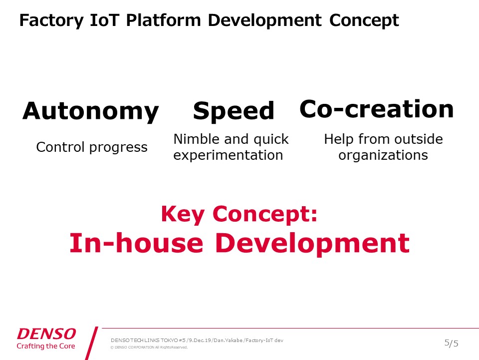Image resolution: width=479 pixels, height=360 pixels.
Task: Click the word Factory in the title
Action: click(x=51, y=21)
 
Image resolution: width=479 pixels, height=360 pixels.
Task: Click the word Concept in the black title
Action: click(x=364, y=21)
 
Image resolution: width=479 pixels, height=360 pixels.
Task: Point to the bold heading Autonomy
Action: click(x=91, y=111)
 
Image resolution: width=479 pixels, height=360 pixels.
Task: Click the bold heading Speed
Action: click(x=234, y=111)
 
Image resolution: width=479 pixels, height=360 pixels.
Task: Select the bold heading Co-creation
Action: click(x=377, y=109)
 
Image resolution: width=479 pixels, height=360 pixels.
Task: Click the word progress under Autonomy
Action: click(x=119, y=148)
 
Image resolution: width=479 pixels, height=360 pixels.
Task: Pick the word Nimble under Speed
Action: click(x=197, y=139)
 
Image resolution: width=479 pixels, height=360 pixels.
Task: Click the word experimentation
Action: click(x=228, y=156)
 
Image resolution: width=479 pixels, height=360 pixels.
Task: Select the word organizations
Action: click(x=383, y=156)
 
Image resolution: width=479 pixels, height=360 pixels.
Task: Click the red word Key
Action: click(x=183, y=214)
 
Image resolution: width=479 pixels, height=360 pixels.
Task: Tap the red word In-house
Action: click(x=136, y=243)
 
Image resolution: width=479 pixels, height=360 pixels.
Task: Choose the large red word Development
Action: click(x=312, y=244)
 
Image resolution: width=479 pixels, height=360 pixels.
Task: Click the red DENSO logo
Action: click(x=46, y=334)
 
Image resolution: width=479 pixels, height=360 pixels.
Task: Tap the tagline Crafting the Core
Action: click(x=46, y=346)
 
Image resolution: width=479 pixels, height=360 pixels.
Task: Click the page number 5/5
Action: click(x=451, y=344)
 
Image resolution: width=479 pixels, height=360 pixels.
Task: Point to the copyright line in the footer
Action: click(x=149, y=348)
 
